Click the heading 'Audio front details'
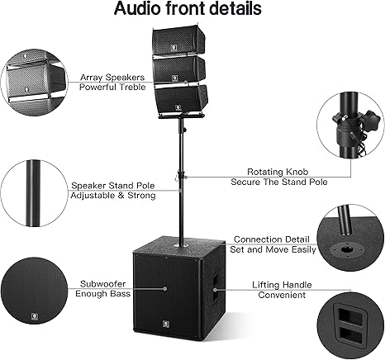188,8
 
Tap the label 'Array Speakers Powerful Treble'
112,82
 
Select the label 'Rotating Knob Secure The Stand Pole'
278,177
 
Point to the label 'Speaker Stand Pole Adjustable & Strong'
113,190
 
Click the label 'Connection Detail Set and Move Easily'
273,244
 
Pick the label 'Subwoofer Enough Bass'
102,289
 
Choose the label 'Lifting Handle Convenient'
282,290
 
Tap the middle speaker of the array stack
179,69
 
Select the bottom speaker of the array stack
180,99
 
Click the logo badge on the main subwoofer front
165,324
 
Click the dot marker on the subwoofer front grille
165,289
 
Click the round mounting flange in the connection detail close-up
345,249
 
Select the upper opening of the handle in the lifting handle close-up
350,316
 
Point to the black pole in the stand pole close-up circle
33,193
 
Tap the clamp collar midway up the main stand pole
181,175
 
